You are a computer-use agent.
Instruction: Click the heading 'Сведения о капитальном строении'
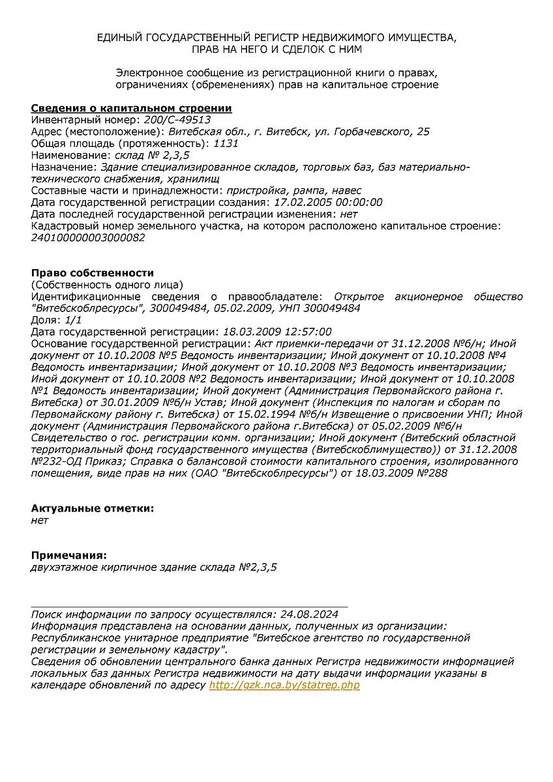[132, 108]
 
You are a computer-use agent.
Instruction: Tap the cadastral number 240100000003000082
[88, 238]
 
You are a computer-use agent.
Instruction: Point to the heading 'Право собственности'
[93, 273]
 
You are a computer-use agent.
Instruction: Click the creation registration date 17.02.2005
[301, 203]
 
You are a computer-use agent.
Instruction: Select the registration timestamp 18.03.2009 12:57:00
[277, 332]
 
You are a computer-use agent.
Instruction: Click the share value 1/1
[74, 320]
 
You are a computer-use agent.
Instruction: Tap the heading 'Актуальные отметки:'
[93, 508]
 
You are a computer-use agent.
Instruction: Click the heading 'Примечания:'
[68, 555]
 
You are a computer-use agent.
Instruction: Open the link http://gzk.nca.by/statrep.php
[284, 685]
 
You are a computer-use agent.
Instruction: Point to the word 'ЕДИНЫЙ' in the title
[119, 38]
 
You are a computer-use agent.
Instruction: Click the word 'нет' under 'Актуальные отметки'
[40, 520]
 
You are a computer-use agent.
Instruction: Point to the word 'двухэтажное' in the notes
[63, 567]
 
